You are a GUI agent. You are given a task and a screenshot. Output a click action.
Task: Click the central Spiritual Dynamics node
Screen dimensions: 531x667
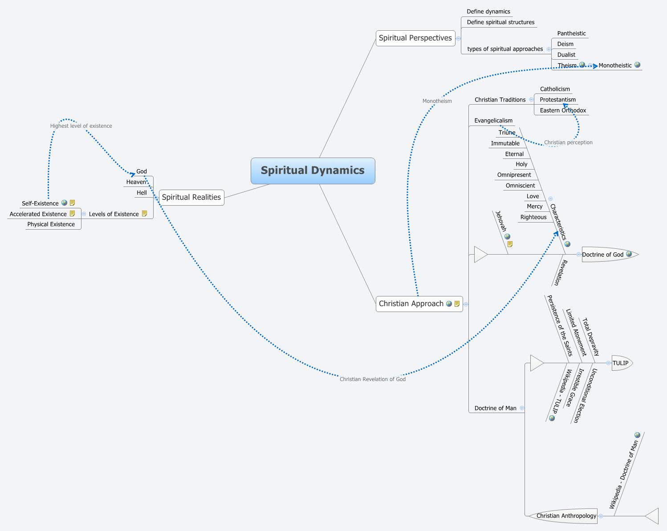[313, 170]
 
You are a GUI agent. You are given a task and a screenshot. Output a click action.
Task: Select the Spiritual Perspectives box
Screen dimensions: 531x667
[415, 38]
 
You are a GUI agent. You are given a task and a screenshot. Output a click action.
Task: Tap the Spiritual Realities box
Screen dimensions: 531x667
[191, 197]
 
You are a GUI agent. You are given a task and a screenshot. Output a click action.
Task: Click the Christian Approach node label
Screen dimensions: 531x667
[411, 304]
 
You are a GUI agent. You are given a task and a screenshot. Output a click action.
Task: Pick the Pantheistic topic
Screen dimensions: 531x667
[571, 33]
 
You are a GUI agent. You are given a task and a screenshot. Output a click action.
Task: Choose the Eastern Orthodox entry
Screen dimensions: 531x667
[563, 110]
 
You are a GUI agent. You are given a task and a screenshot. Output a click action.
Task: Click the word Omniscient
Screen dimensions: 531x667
[520, 186]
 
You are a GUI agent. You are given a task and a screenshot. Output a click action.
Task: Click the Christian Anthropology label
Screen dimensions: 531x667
[566, 516]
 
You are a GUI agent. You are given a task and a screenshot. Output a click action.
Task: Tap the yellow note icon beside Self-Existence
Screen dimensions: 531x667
[73, 203]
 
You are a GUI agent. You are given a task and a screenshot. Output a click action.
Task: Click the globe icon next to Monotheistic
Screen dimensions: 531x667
[637, 65]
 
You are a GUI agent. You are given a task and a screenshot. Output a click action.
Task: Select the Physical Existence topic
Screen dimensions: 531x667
[51, 224]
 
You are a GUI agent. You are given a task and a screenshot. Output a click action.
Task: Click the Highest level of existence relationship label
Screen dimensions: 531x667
[81, 126]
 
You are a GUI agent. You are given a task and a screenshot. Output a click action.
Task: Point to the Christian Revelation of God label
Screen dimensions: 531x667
[373, 379]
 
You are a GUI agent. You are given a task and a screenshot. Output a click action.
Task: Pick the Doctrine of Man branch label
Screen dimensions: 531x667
[495, 408]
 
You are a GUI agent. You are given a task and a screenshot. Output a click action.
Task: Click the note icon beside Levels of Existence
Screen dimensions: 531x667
[144, 214]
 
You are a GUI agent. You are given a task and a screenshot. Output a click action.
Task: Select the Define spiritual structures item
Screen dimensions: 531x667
[500, 22]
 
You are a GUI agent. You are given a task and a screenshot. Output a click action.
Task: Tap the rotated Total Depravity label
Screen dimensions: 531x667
[591, 337]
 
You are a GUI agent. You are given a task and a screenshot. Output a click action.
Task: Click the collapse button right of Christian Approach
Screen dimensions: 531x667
[466, 304]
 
